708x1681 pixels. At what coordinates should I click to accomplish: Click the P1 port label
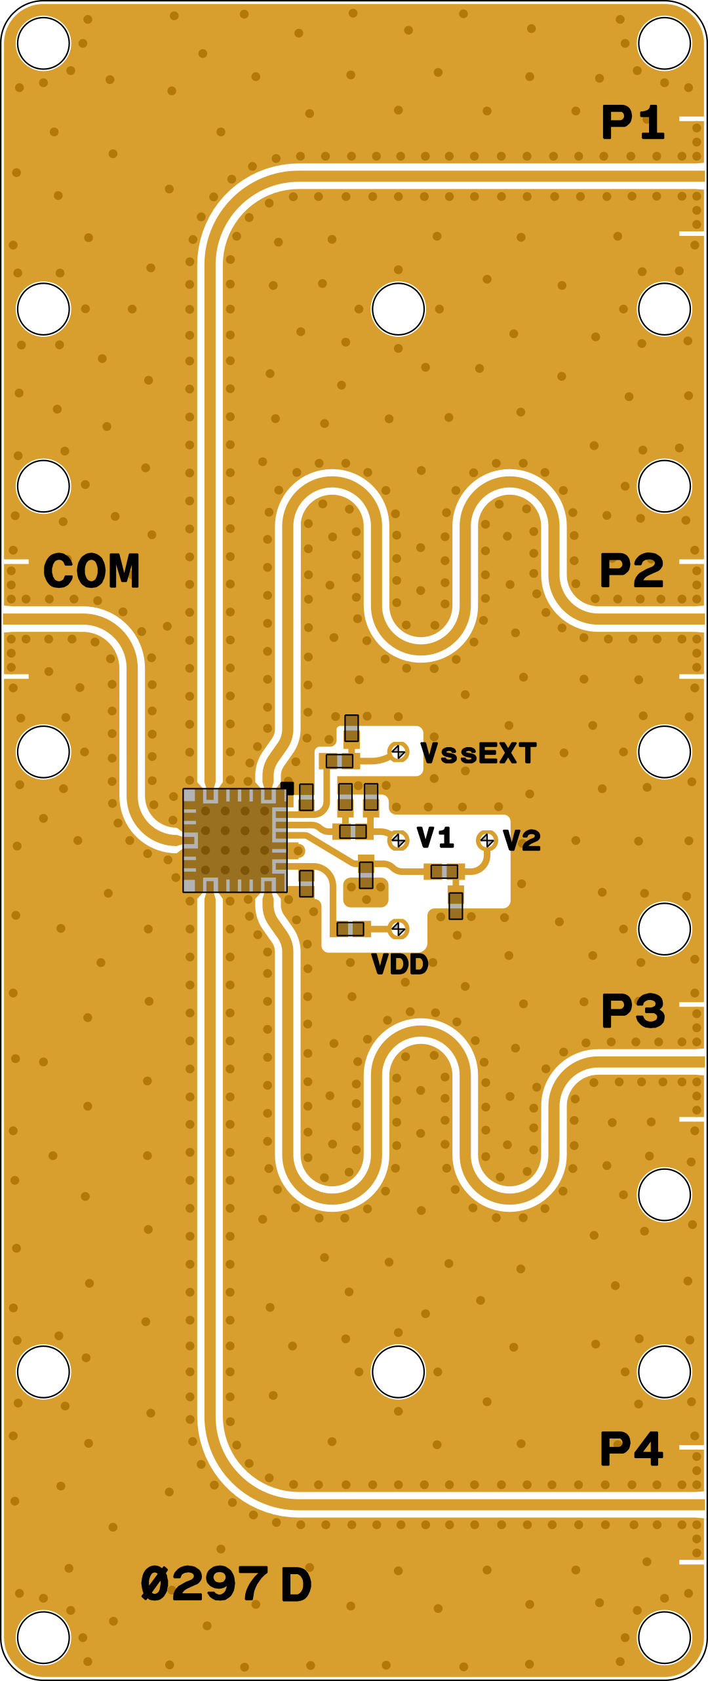(x=633, y=123)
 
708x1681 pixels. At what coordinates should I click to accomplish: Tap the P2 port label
(x=631, y=570)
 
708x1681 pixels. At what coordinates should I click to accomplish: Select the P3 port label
(x=633, y=1011)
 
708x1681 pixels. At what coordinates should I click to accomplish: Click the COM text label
(x=92, y=571)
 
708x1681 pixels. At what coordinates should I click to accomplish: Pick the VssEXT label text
(x=479, y=754)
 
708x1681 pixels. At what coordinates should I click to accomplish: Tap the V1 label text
(x=435, y=838)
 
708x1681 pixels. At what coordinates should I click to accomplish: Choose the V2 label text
(x=522, y=840)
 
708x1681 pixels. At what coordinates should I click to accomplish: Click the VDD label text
(x=399, y=964)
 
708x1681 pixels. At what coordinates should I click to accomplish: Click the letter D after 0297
(x=296, y=1585)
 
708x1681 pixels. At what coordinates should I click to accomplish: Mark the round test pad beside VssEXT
(x=398, y=752)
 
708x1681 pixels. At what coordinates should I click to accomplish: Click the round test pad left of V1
(x=398, y=840)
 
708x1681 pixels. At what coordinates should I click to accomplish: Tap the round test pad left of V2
(x=486, y=840)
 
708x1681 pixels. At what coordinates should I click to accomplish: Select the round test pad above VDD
(x=398, y=928)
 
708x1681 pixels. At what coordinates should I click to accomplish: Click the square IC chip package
(x=235, y=840)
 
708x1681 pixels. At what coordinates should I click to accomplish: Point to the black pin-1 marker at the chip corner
(x=287, y=786)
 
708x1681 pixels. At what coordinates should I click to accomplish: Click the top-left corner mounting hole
(x=43, y=43)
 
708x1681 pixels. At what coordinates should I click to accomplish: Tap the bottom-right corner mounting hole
(x=664, y=1637)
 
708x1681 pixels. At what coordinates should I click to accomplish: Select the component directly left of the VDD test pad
(x=350, y=929)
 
